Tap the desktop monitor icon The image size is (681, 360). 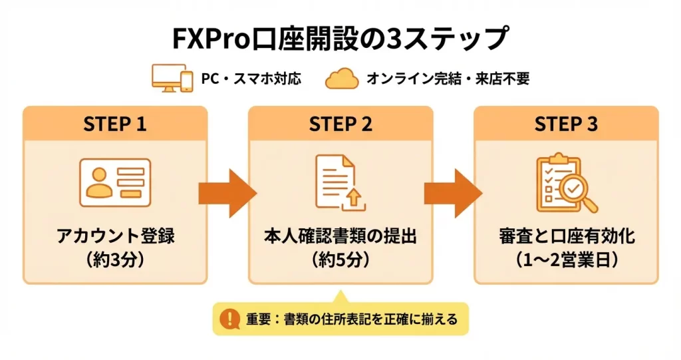point(164,78)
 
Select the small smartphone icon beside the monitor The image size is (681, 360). point(187,81)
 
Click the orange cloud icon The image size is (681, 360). point(342,79)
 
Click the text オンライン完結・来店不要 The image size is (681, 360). point(448,79)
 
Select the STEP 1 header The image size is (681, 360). point(115,124)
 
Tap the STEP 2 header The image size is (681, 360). point(340,124)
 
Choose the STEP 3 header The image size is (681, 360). point(566,124)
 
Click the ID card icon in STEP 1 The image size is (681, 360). point(115,182)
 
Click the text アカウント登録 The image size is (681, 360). point(115,236)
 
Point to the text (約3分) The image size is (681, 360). point(115,259)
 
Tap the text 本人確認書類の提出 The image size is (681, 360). point(340,236)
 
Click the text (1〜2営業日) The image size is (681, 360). point(566,259)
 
